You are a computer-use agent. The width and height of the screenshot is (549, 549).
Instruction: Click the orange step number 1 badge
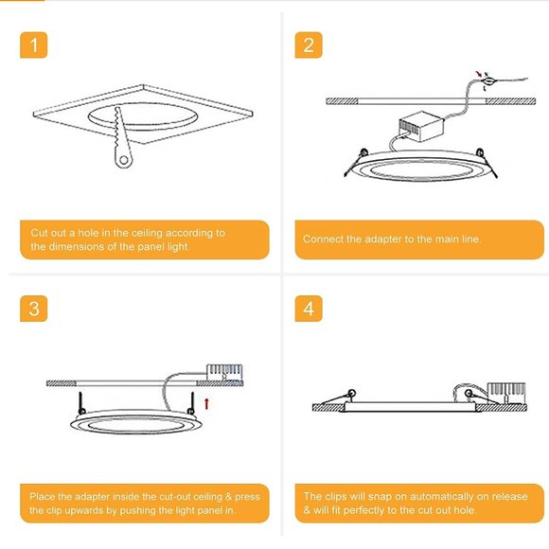point(34,44)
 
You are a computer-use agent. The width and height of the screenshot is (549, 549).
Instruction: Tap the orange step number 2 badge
point(309,44)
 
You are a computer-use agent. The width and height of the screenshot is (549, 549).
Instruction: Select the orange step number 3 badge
point(34,310)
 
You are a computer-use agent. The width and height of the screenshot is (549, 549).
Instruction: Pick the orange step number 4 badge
point(309,310)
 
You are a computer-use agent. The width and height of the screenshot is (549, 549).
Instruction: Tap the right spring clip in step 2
point(481,152)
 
